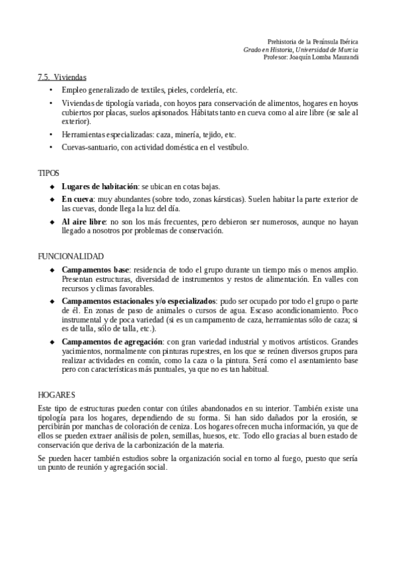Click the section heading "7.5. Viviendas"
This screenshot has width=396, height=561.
[x=61, y=77]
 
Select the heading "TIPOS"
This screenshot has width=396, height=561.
[x=48, y=173]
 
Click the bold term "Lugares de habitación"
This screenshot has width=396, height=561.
[x=99, y=187]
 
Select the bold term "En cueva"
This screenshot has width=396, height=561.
[x=78, y=198]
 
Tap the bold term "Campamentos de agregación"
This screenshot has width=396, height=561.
[x=108, y=341]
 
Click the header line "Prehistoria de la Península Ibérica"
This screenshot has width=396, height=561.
[x=313, y=41]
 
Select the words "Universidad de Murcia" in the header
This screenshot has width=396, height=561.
[x=327, y=49]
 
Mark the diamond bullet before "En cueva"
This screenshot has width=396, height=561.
[x=53, y=198]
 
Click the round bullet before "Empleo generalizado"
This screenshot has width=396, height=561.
[x=53, y=90]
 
